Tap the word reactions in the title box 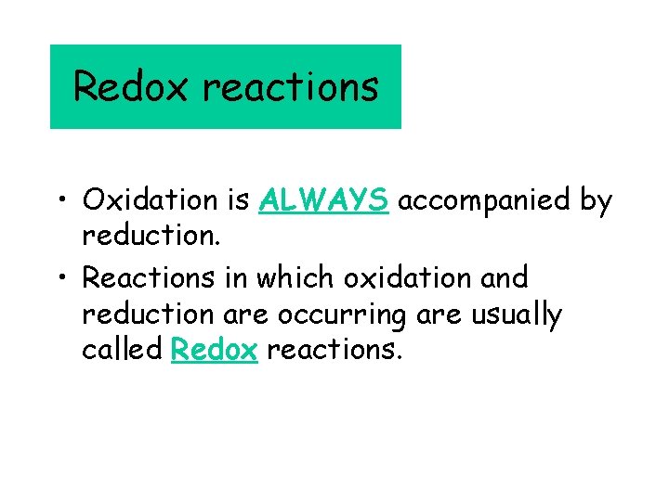point(290,86)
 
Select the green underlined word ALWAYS point(324,200)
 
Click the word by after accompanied point(594,201)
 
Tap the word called point(123,350)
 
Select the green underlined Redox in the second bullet point(215,350)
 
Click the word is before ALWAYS point(238,200)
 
